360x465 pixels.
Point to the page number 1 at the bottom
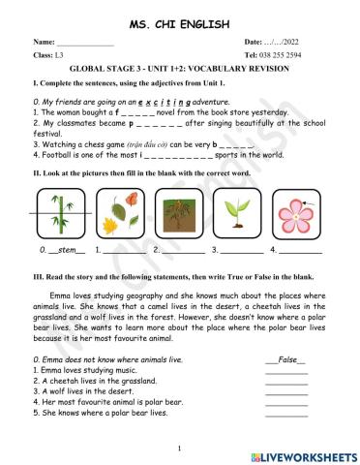(x=180, y=448)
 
